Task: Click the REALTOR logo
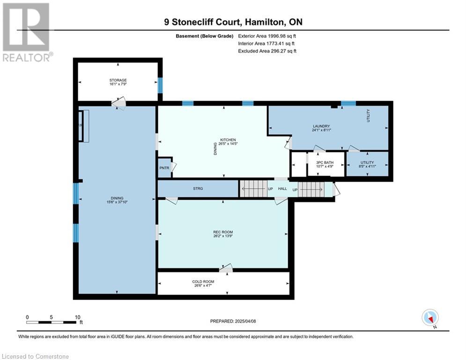tap(26, 32)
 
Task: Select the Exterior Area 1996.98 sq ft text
tap(267, 36)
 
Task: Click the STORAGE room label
tap(118, 80)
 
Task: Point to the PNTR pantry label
tap(164, 168)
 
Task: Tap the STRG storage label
tap(198, 188)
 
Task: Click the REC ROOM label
tap(223, 232)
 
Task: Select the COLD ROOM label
tap(203, 281)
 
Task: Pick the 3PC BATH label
tap(325, 163)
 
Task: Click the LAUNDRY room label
tap(321, 126)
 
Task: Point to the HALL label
tap(282, 188)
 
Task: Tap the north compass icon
tap(430, 318)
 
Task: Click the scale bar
tap(51, 322)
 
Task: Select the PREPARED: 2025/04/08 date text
tap(233, 321)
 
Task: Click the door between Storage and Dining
tap(118, 103)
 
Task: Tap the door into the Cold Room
tap(226, 269)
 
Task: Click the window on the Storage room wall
tap(160, 85)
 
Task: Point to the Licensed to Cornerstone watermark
tap(35, 356)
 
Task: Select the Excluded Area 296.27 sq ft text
tap(267, 51)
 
